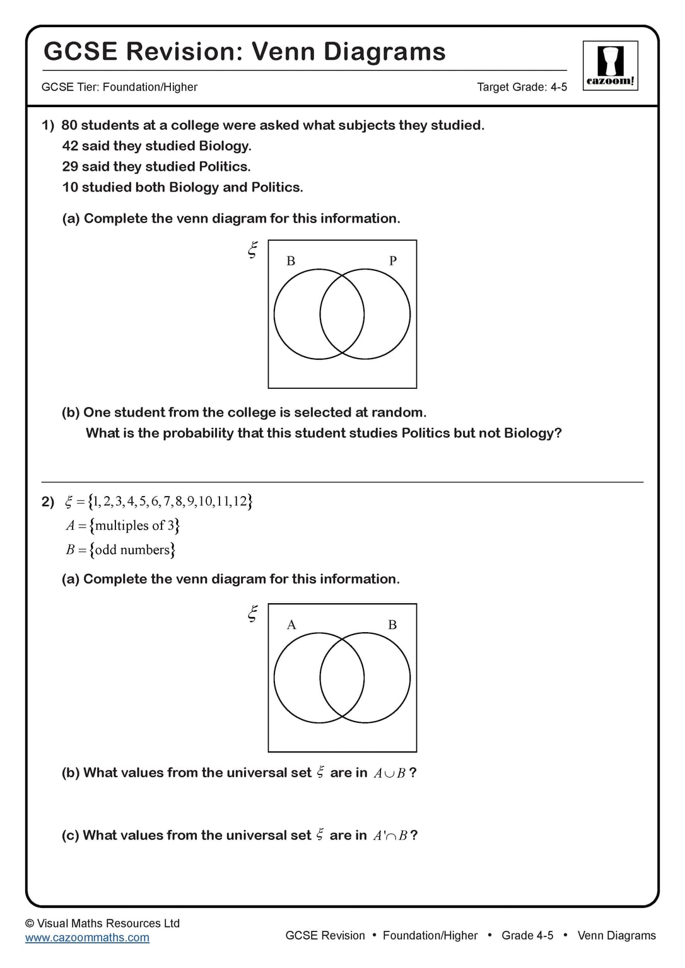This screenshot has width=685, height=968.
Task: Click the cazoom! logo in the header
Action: click(x=610, y=66)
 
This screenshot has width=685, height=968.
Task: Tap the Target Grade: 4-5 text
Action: click(x=522, y=87)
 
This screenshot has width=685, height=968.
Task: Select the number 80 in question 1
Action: click(x=69, y=125)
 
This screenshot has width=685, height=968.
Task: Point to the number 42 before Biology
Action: click(x=70, y=146)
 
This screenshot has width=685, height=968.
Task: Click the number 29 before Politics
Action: click(x=70, y=167)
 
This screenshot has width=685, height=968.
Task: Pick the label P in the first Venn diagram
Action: click(x=393, y=260)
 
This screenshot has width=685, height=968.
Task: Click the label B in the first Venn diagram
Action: click(x=291, y=260)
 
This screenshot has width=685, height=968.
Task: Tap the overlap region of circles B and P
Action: click(x=342, y=314)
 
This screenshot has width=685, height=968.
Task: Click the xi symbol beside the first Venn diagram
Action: click(x=252, y=250)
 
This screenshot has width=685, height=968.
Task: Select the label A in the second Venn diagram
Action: click(x=291, y=625)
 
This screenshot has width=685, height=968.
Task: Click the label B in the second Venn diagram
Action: click(x=392, y=625)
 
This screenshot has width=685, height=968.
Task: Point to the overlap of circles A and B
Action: click(x=342, y=678)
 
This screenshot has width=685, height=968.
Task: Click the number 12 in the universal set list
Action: click(x=240, y=502)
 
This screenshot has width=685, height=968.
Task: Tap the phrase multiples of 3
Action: click(x=134, y=526)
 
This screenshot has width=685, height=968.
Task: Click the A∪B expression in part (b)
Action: click(x=389, y=773)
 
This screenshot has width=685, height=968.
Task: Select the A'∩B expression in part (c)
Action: click(x=390, y=836)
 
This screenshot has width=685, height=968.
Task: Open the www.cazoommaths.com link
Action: click(x=87, y=938)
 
